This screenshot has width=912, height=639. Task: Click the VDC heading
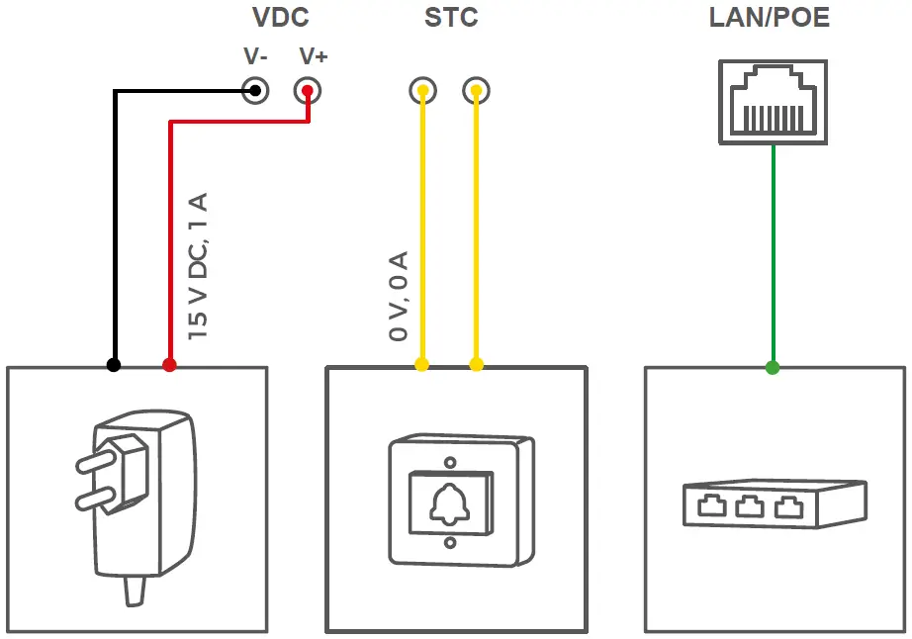coord(281,18)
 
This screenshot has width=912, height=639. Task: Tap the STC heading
coord(450,18)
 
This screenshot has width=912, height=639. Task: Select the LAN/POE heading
coord(770,18)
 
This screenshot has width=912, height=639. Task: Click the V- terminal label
coord(255,57)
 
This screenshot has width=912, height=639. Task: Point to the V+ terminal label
coord(313,57)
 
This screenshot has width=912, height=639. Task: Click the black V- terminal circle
coord(255,91)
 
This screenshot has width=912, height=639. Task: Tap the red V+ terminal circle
coord(309,91)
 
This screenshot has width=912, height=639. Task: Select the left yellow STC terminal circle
coord(422,91)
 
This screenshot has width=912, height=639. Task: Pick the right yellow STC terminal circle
coord(476,91)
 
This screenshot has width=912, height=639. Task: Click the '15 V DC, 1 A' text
coord(198,267)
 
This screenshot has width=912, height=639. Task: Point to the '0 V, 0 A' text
coord(399,296)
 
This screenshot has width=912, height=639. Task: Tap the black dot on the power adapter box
coord(114,365)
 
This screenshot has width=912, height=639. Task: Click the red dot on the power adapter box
coord(169,365)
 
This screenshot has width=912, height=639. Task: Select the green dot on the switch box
coord(772,368)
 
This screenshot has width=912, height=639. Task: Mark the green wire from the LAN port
coord(772,257)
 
